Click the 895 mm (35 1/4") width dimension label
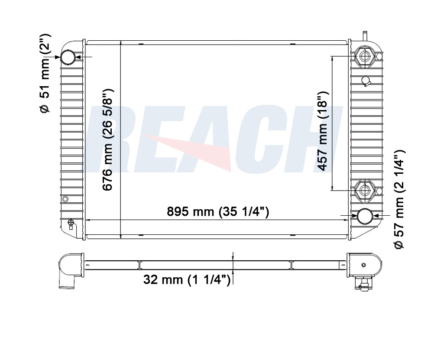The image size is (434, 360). point(218,212)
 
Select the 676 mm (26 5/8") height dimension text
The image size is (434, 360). point(107,139)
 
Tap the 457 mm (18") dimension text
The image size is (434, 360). point(322,131)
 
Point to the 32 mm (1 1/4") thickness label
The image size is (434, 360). point(187,280)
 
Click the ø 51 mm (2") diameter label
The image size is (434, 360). point(45,73)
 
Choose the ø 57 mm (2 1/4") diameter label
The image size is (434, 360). point(400,199)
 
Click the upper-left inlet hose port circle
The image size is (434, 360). point(68,57)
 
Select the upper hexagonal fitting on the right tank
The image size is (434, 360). point(366,57)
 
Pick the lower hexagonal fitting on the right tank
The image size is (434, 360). point(365,191)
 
